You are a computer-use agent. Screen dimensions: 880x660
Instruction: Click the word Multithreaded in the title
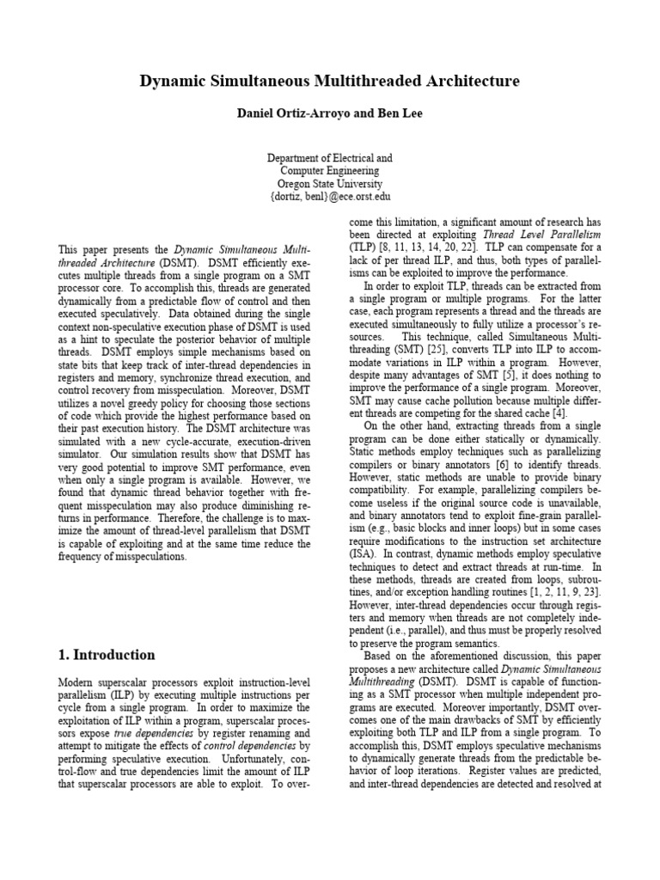pos(382,82)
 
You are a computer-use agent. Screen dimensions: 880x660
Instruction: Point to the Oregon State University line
pos(330,184)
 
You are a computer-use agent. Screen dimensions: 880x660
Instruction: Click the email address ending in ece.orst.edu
pos(330,197)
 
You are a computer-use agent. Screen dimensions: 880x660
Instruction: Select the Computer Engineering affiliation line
pos(330,171)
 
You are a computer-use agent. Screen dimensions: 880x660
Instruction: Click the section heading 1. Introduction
pos(107,655)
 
